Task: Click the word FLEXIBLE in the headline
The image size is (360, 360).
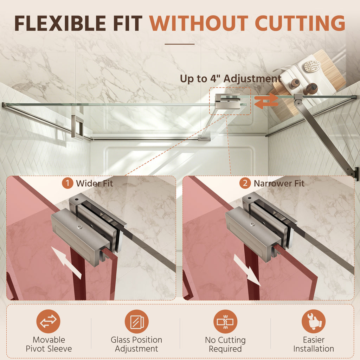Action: pos(60,23)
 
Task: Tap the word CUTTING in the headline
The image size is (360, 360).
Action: pos(300,23)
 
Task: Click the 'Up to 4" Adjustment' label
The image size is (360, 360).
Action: pos(231,79)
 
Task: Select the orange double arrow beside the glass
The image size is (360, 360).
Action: pos(266,101)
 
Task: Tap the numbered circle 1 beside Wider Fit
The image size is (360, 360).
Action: pos(67,183)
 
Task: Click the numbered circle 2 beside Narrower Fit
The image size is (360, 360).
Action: pos(245,183)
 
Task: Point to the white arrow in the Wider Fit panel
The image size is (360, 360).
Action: pos(66,263)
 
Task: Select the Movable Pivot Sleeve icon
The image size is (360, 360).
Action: pos(48,321)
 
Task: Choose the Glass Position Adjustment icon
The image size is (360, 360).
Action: pos(137,321)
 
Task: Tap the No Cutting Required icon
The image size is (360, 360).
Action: pos(225,321)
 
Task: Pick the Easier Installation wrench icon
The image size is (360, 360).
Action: pos(314,321)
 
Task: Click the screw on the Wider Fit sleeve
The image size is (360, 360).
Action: pos(79,227)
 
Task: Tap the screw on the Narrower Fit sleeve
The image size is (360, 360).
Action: pos(252,225)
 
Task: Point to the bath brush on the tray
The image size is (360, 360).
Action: pos(312,65)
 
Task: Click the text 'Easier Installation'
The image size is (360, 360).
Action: pos(314,344)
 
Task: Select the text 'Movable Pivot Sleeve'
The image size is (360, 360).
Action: pos(49,344)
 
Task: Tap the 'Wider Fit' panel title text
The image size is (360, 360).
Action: pos(94,184)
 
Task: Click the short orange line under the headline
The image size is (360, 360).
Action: pos(180,44)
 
